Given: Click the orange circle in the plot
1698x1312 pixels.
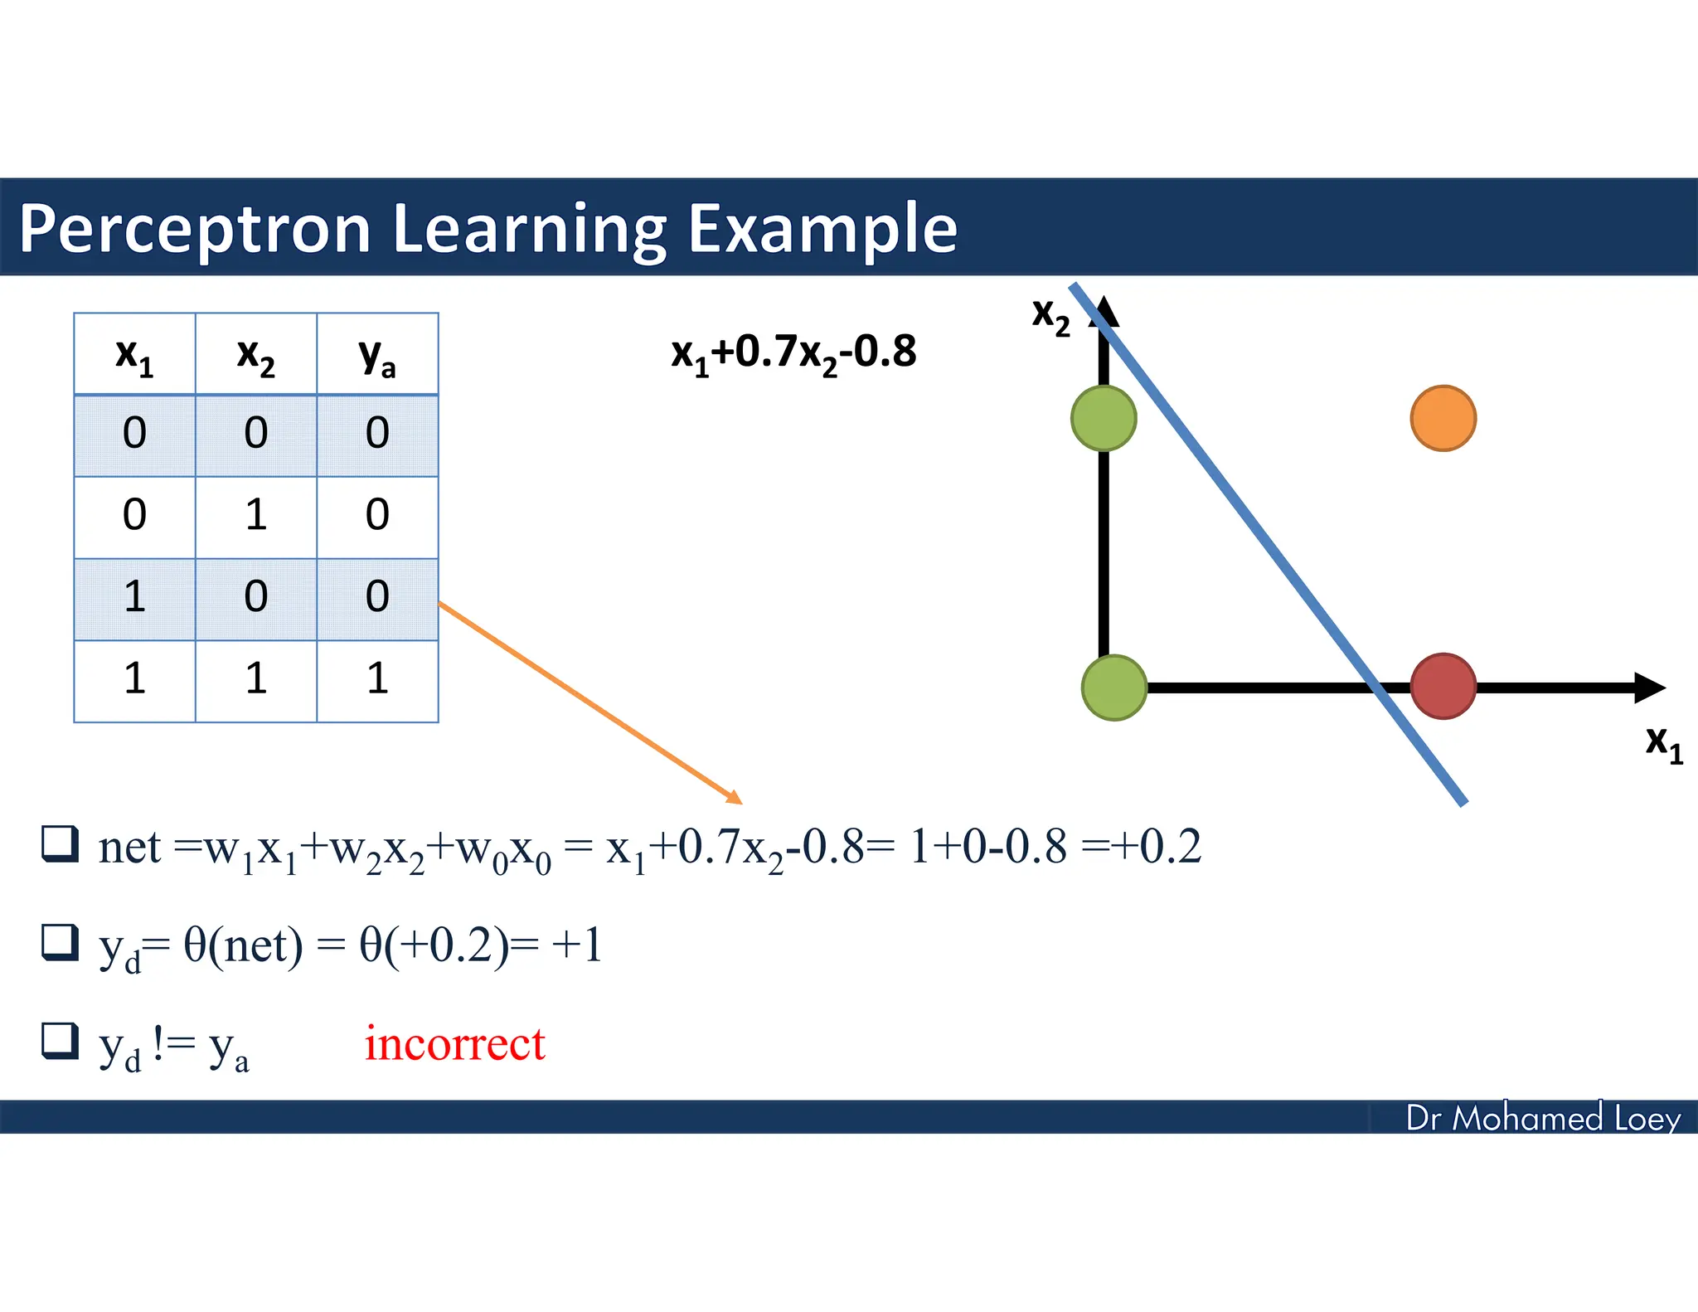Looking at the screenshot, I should tap(1443, 418).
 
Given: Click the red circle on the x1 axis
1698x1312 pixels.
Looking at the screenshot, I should tap(1443, 686).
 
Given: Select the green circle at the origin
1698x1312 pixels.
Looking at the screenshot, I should tap(1114, 688).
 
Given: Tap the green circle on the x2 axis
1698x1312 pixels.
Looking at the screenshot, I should tap(1104, 418).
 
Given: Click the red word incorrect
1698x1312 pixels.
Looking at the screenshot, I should tap(454, 1043).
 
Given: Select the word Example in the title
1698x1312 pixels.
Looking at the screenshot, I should tap(822, 228).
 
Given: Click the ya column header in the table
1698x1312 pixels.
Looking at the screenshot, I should tap(377, 355).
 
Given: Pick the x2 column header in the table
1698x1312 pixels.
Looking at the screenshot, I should tap(255, 355).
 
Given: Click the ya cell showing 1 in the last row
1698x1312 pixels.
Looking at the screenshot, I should tap(377, 678).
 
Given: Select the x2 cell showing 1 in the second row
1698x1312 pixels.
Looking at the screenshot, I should tap(255, 515).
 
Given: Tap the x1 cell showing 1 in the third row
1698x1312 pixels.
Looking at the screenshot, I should tap(134, 597).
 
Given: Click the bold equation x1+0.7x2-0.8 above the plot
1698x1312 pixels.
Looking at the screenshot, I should tap(793, 352).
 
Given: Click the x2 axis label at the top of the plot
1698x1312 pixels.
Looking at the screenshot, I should tap(1050, 315).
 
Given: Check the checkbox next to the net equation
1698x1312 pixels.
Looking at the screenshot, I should tap(61, 843).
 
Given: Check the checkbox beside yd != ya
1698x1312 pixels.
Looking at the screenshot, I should tap(61, 1040).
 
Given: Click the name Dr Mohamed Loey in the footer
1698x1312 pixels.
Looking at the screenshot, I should tap(1543, 1118).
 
